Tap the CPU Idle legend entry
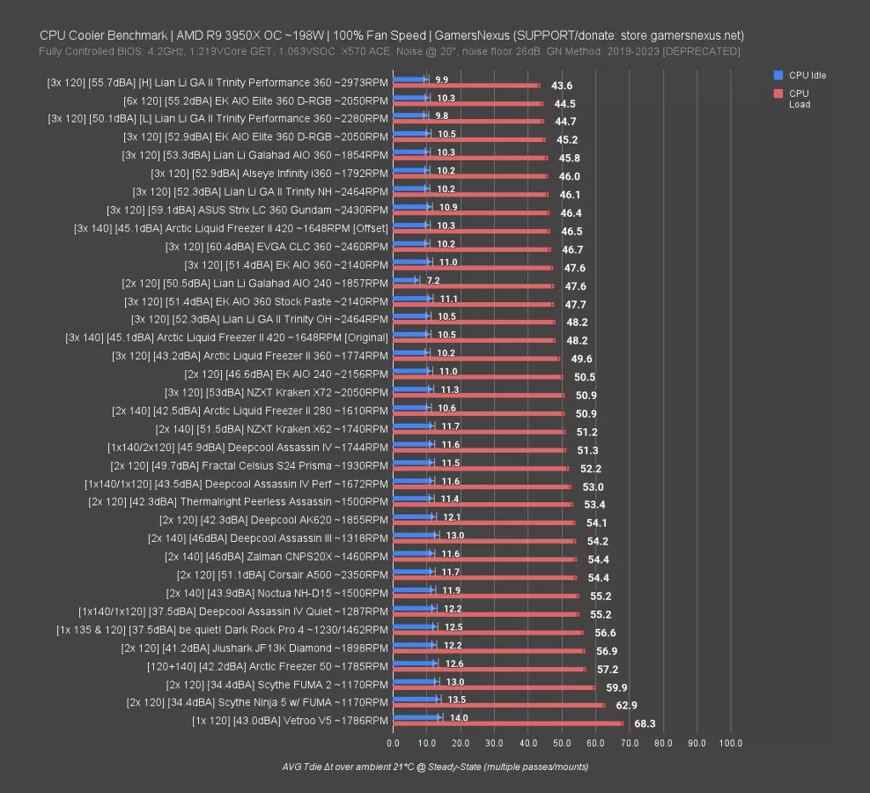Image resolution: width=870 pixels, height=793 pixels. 807,75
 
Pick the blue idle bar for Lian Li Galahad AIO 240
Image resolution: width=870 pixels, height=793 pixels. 406,280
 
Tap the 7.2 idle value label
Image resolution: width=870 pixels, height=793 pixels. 433,280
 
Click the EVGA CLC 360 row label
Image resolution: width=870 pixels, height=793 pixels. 276,246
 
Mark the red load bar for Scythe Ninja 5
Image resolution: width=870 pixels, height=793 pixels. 498,705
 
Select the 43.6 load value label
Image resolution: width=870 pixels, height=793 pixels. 562,85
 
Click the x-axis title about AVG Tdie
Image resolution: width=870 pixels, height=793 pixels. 430,767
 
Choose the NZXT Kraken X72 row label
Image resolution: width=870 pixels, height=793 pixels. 276,392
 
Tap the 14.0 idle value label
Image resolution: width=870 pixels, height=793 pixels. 460,717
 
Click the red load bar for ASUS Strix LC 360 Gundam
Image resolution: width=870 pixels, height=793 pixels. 471,212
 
